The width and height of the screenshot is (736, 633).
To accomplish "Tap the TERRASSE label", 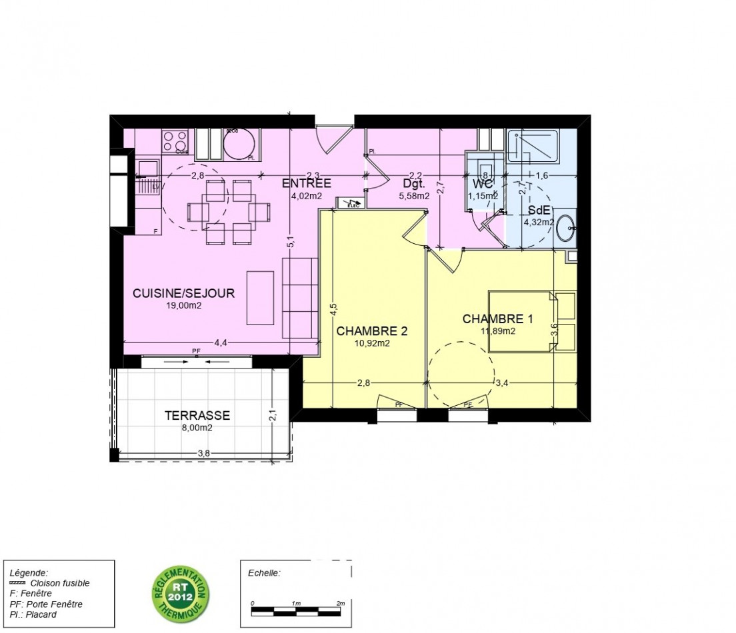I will point(197,416).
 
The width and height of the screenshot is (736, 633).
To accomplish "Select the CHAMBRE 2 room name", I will point(371,331).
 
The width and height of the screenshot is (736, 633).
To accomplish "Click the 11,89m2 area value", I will point(498,330).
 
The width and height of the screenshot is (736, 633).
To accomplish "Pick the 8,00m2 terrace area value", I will point(197,428).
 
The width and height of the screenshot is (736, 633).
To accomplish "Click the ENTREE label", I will point(307,183).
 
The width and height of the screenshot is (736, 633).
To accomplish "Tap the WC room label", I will point(482,183).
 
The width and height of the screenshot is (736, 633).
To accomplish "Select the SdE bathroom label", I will point(539,209).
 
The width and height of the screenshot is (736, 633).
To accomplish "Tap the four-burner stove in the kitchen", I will point(175,142).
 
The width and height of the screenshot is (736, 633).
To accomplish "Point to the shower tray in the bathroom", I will point(533,147).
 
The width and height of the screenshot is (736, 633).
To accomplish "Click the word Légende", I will point(29,572).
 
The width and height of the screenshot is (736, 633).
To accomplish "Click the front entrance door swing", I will point(331,139).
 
